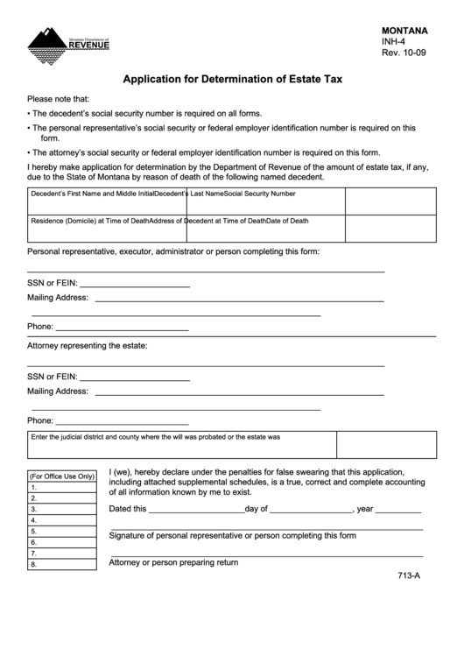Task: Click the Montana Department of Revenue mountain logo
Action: (x=67, y=41)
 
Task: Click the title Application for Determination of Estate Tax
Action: (x=232, y=79)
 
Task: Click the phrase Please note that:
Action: (x=59, y=99)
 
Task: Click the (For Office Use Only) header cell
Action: (x=62, y=476)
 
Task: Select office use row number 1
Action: (x=62, y=488)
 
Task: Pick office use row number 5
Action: (x=62, y=531)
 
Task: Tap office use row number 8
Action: (x=62, y=564)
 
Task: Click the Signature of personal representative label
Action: (x=232, y=535)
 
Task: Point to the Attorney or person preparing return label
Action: (x=173, y=562)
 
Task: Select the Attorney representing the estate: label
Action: (x=88, y=346)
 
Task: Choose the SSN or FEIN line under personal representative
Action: (x=135, y=286)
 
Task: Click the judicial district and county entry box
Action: (x=232, y=448)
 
